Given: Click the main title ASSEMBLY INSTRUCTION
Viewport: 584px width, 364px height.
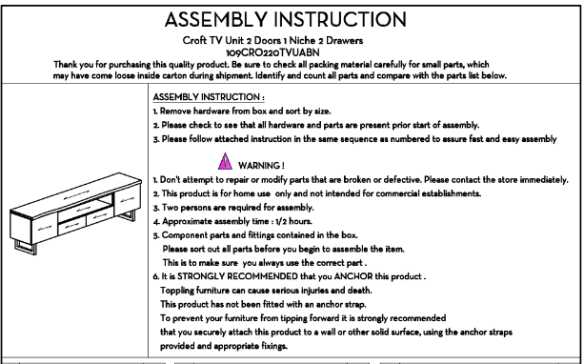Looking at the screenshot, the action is coord(285,19).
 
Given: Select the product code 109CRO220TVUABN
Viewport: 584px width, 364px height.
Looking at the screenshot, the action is coord(272,52).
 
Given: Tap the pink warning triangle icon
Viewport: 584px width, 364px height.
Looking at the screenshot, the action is coord(225,161).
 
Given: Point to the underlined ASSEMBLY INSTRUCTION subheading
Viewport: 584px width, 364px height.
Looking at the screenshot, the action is coord(209,97).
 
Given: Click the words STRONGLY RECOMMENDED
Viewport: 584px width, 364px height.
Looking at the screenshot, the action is coord(237,276).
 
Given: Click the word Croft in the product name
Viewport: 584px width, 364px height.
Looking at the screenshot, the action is coord(194,40).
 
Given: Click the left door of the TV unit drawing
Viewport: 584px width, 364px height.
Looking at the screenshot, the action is coord(45,228).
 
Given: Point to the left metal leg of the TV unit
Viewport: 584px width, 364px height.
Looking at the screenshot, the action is coord(26,247).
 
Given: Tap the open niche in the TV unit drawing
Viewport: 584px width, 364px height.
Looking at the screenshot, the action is coord(85,205).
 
